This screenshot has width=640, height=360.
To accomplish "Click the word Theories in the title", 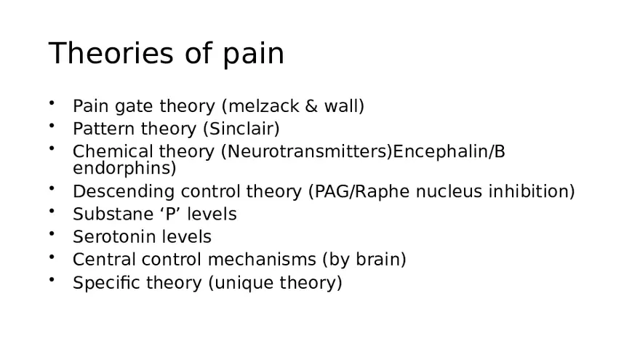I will (x=95, y=54).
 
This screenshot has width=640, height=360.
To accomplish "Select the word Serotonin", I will (x=108, y=237).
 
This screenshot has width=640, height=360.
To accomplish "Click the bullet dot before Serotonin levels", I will (x=52, y=234).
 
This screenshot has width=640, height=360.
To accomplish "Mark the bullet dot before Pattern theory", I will (x=52, y=126).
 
